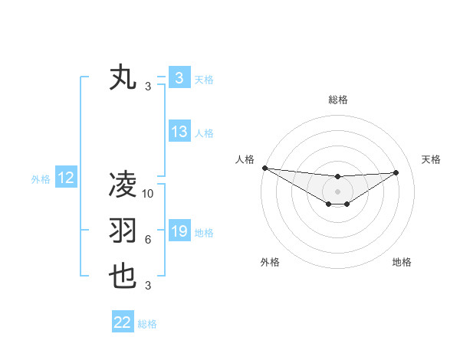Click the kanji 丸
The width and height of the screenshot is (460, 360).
point(123,78)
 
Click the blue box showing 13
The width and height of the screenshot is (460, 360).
point(179,132)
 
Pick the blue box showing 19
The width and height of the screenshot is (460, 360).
point(179,231)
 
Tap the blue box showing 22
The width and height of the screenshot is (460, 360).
point(123,322)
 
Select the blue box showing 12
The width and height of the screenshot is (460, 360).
point(66,178)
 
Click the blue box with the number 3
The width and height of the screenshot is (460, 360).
point(179,78)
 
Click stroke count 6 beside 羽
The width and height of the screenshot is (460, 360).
point(148,240)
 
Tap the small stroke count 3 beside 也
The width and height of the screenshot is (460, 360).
point(148,286)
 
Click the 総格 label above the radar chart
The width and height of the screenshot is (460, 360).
point(337,100)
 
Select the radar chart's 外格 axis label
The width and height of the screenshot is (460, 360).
point(270,262)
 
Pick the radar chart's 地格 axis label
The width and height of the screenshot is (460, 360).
point(402,262)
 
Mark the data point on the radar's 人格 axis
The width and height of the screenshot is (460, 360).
point(264,168)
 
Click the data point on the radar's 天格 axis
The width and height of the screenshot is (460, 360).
point(396,172)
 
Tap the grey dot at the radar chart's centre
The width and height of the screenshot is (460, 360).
point(337,191)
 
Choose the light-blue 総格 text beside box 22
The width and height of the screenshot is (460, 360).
point(147,323)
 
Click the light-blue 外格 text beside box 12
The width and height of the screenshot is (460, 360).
point(41,179)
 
